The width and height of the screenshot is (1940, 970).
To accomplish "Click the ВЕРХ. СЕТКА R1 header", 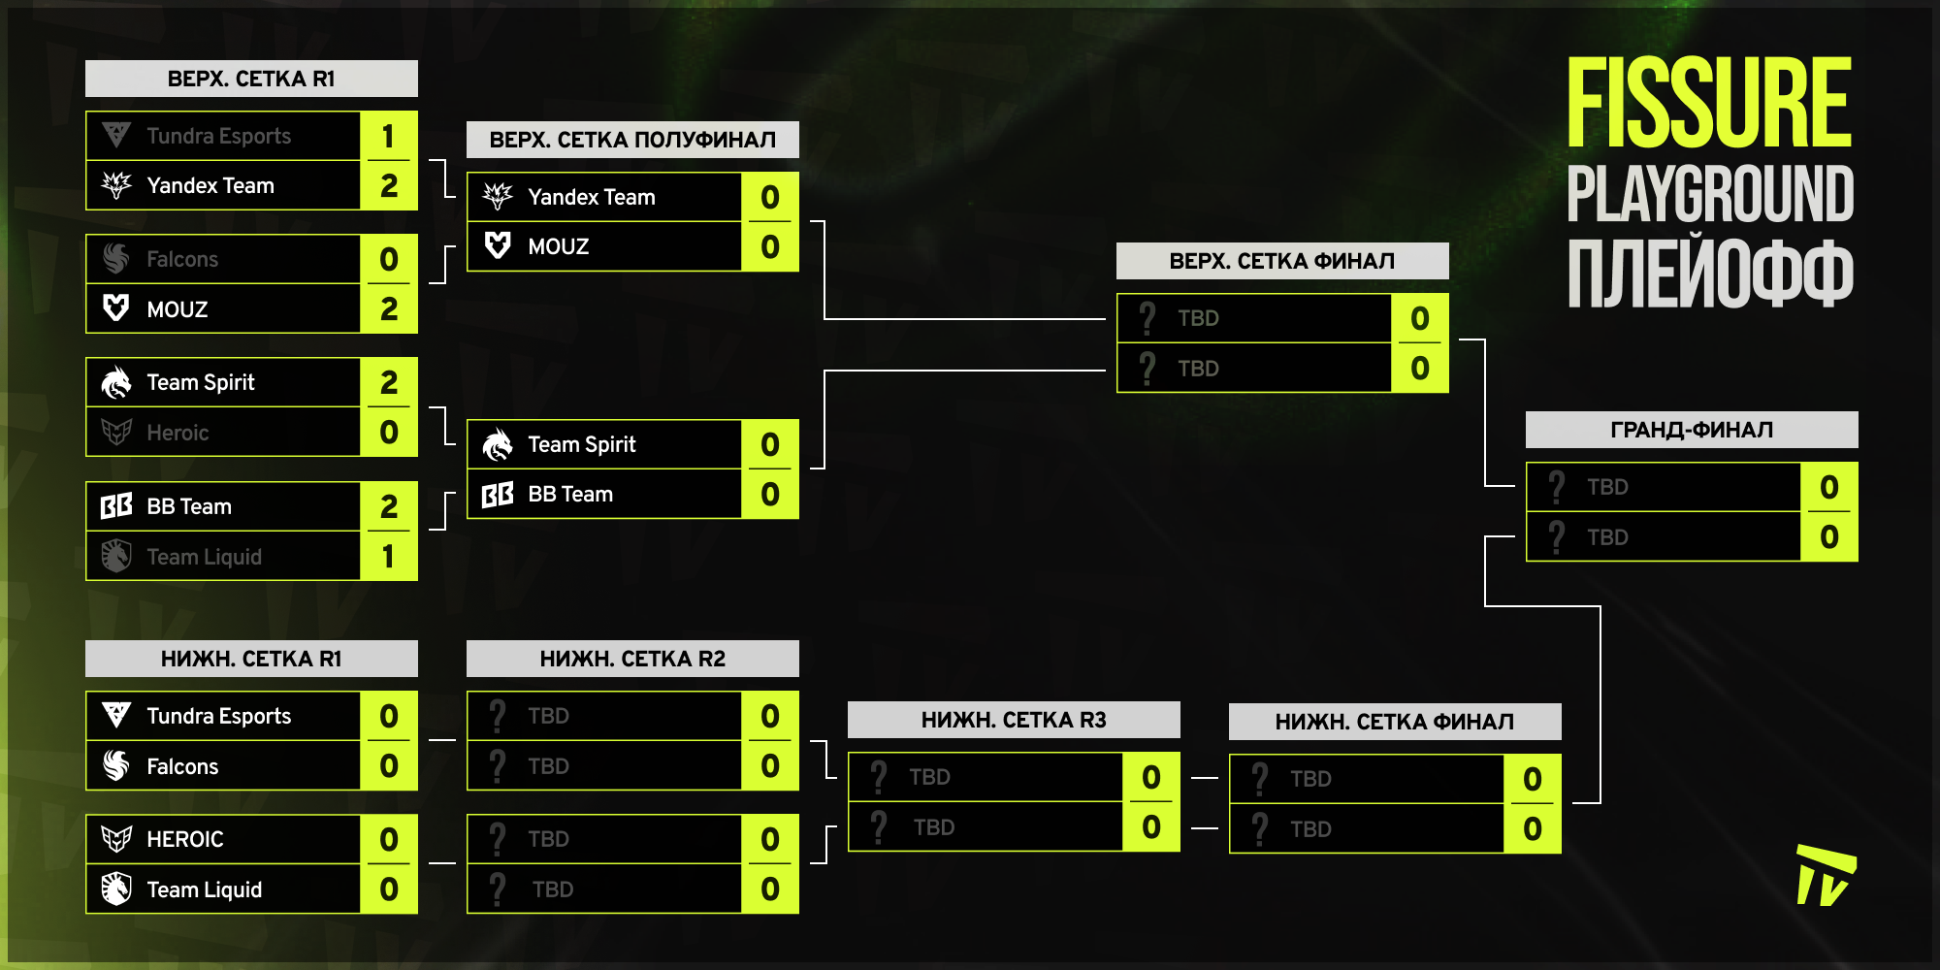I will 251,79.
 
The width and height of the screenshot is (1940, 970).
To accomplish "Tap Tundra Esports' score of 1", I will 388,136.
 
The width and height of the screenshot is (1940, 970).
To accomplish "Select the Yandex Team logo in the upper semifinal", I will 498,197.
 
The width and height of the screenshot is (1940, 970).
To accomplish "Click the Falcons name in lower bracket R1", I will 182,766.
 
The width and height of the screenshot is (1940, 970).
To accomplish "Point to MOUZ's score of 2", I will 388,308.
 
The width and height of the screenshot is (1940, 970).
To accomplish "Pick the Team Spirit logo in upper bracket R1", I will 116,383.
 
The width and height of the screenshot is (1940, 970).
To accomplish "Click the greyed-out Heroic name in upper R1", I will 178,433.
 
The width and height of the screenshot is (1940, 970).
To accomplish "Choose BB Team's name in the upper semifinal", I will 570,495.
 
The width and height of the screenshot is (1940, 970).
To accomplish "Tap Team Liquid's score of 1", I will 388,557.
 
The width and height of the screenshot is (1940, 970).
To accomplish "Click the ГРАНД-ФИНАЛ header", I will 1692,430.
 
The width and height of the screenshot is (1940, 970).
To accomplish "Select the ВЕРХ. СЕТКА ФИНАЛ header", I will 1282,261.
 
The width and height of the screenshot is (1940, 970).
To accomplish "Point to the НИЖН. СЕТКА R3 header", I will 1014,720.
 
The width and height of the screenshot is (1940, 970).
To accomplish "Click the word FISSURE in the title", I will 1709,103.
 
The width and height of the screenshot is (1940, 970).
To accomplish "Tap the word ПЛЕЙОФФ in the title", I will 1710,275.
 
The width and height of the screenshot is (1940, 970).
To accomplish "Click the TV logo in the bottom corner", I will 1825,876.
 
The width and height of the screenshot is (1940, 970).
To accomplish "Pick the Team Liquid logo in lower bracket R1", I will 116,889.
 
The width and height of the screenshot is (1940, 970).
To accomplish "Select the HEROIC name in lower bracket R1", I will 185,839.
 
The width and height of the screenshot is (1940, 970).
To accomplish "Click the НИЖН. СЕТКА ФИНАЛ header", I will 1394,722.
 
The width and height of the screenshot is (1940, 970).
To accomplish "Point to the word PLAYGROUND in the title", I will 1710,194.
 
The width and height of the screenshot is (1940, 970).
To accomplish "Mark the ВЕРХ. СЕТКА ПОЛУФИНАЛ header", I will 632,140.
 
